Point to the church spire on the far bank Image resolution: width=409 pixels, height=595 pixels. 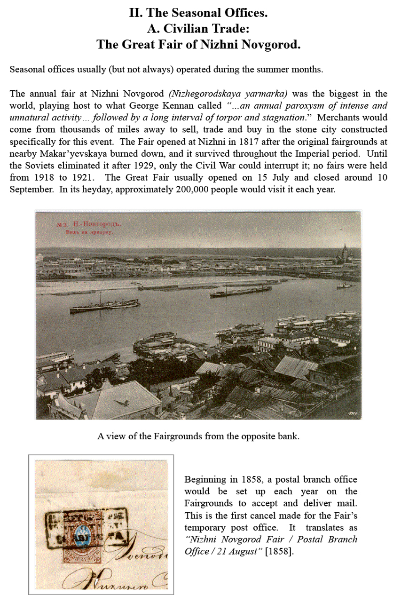coord(345,251)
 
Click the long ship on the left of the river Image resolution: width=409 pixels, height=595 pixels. coord(104,305)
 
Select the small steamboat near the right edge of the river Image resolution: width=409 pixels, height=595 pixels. coord(346,285)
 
